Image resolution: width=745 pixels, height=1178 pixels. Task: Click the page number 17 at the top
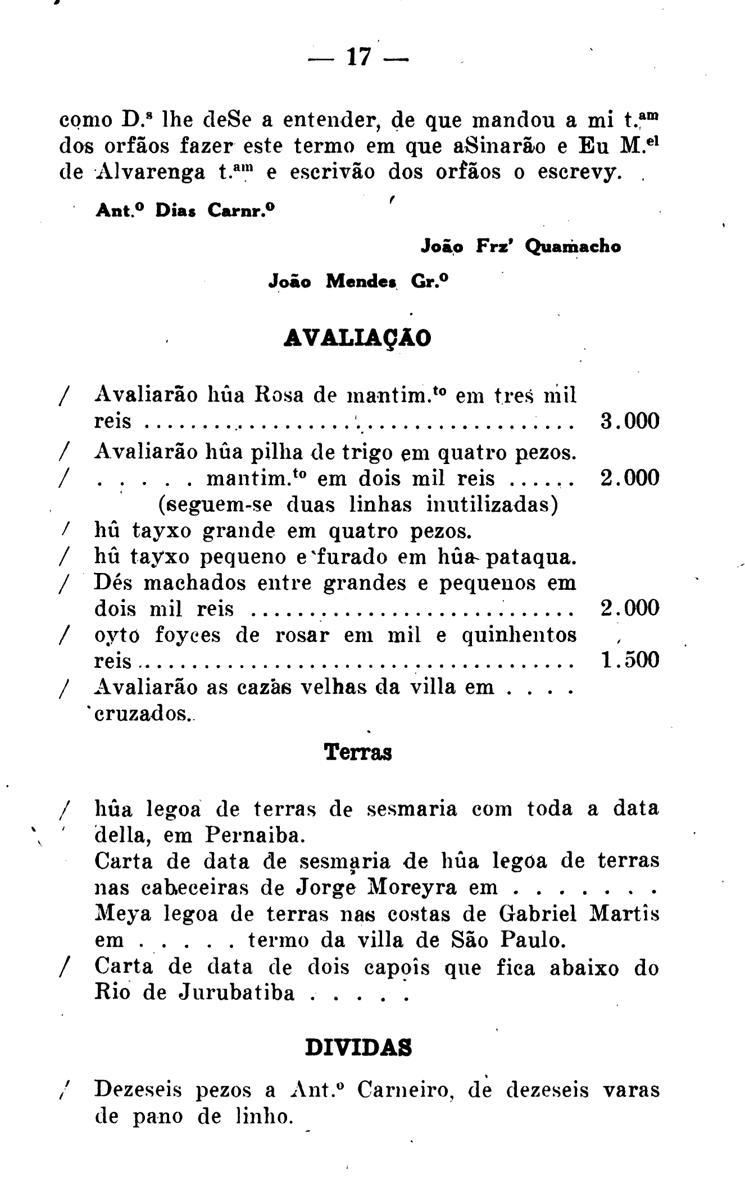click(x=360, y=57)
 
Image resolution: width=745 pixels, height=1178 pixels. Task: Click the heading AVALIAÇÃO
click(x=358, y=338)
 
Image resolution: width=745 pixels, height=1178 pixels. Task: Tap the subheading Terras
click(x=358, y=752)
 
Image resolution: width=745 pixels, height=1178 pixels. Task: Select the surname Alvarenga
click(x=149, y=172)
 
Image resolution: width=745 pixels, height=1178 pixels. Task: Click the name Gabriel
click(x=538, y=914)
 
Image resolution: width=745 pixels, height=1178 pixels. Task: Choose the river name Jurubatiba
click(x=237, y=993)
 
